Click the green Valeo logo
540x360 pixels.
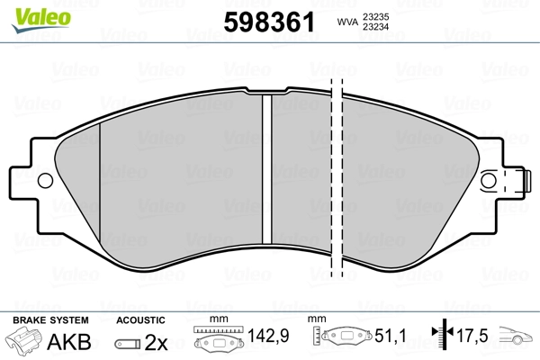tap(41, 20)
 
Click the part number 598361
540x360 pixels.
tap(269, 22)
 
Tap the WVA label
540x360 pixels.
tap(347, 22)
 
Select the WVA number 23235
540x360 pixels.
tap(375, 17)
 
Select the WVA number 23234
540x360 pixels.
tap(375, 27)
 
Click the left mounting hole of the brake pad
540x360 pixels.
tap(45, 181)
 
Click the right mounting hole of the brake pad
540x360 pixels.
tap(489, 181)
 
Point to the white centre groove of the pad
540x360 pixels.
tap(267, 169)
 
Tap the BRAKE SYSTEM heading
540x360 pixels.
tap(50, 320)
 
